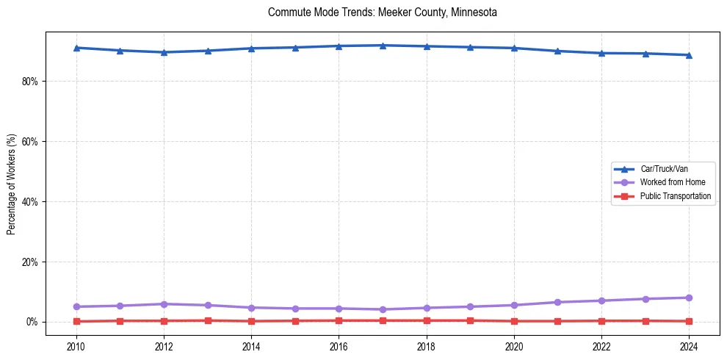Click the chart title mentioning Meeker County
[x=383, y=12]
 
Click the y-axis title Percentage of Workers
[x=12, y=184]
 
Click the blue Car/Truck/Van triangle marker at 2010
[x=76, y=48]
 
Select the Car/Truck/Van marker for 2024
[x=689, y=55]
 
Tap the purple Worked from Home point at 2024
[x=689, y=298]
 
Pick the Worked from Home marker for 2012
[x=164, y=304]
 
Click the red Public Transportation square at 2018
[x=427, y=320]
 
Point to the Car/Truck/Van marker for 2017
[x=383, y=46]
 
